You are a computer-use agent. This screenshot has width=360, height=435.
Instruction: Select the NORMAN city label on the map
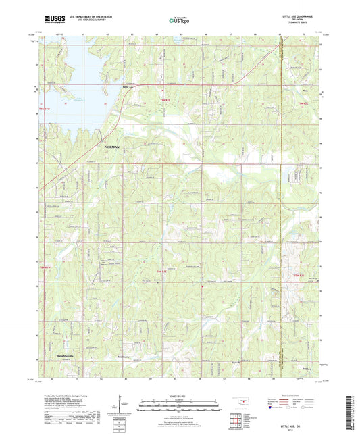(x=113, y=147)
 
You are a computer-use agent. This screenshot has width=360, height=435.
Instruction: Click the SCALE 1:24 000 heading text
(x=180, y=395)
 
